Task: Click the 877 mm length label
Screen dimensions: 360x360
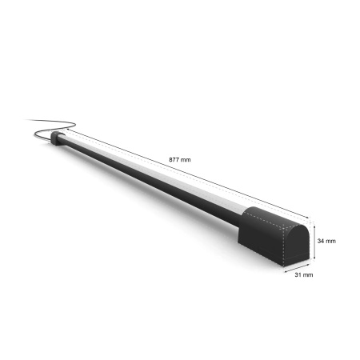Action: tap(180, 160)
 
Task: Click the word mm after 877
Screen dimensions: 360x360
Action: tap(186, 160)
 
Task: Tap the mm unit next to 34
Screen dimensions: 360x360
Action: tap(332, 239)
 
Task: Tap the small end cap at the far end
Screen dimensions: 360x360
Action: tap(56, 139)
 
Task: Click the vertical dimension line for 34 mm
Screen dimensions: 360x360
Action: tap(314, 240)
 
